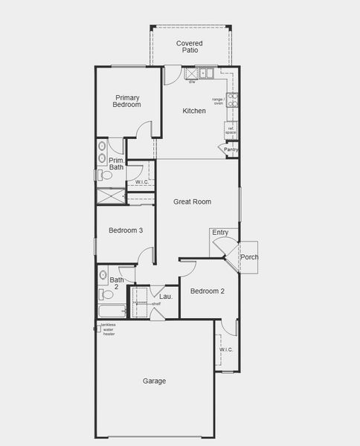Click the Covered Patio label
(x=189, y=47)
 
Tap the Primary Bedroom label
(x=127, y=100)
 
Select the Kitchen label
(x=194, y=111)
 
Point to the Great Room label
(x=193, y=201)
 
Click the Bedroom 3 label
(x=126, y=230)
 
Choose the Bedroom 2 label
(x=208, y=291)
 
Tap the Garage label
(x=155, y=381)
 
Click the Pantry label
(x=231, y=150)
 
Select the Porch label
(x=249, y=257)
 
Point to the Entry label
(x=220, y=233)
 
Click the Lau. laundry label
(x=166, y=297)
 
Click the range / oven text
(x=219, y=101)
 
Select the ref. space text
(x=231, y=131)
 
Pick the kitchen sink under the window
(x=206, y=74)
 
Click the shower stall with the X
(x=110, y=197)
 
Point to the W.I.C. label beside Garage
(x=226, y=349)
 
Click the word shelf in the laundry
(x=156, y=303)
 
